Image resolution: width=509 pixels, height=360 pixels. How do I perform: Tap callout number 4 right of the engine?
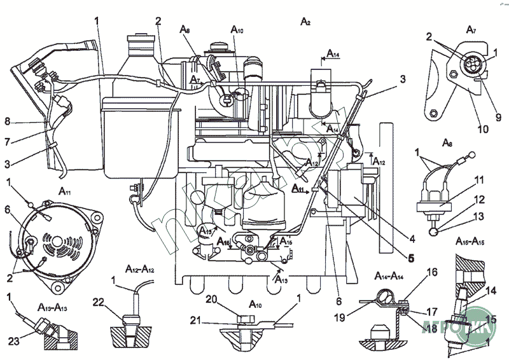coord(412,239)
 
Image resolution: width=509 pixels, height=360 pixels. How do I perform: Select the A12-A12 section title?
coord(135,269)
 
